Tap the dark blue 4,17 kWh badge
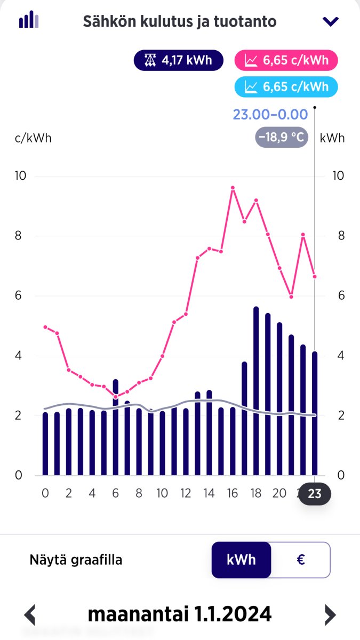point(180,60)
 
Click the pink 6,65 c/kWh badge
point(286,60)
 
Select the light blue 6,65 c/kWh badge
point(286,87)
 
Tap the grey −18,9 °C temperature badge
point(281,138)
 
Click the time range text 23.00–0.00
point(270,114)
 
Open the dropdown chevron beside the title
point(331,21)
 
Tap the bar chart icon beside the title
point(29,20)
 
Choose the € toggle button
point(300,560)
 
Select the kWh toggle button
point(241,560)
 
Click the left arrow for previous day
point(30,615)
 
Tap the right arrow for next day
point(331,615)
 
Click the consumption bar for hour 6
point(116,427)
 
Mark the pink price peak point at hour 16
point(233,188)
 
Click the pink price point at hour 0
point(45,327)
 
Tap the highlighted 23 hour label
point(315,494)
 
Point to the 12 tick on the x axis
point(186,494)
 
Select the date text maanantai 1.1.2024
point(180,614)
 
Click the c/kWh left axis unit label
point(33,138)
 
